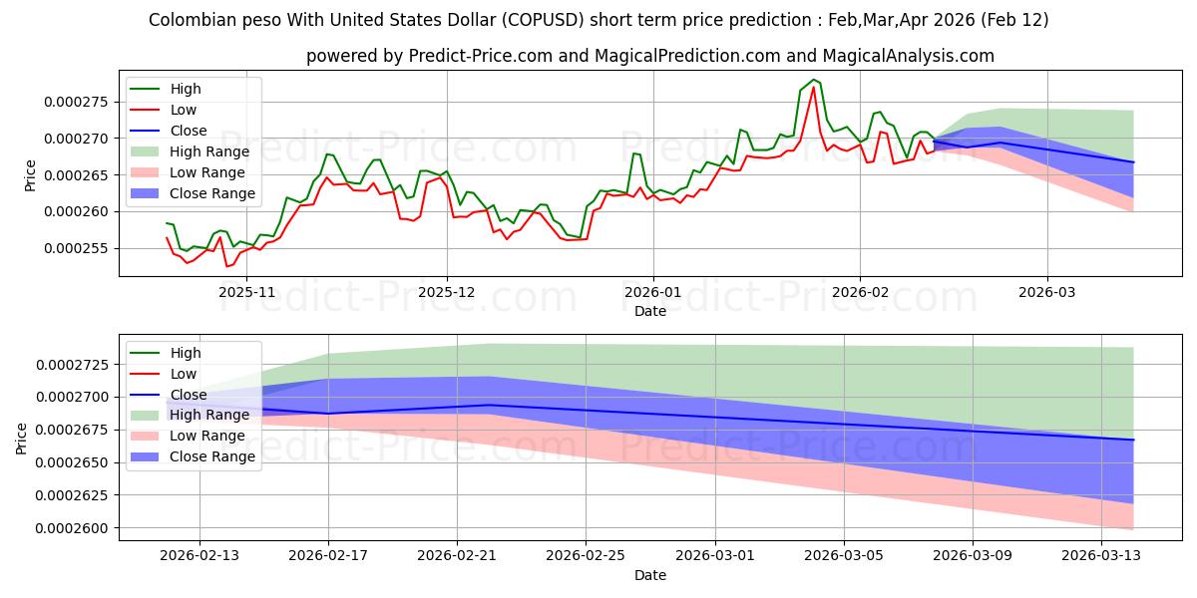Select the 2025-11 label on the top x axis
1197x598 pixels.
coord(246,292)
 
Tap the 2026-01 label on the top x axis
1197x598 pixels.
coord(653,292)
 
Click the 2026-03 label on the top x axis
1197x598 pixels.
coord(1046,292)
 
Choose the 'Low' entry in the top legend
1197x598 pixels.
coord(184,110)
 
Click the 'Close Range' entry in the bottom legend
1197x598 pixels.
coord(212,456)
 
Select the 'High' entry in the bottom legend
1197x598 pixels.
coord(186,353)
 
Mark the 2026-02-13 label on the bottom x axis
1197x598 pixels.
coord(199,555)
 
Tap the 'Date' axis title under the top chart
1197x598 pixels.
coord(650,311)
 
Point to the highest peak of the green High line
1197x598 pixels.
coord(814,80)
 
